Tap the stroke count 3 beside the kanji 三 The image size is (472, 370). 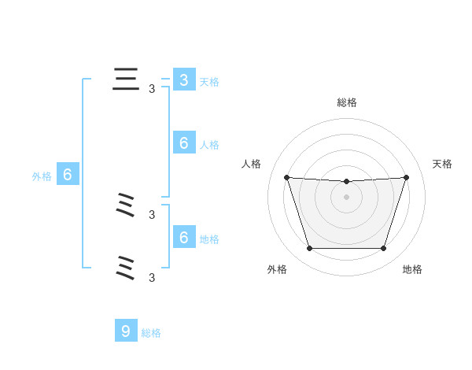pyautogui.click(x=152, y=89)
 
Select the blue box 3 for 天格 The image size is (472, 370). pyautogui.click(x=183, y=80)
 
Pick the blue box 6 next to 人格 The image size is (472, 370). pyautogui.click(x=183, y=142)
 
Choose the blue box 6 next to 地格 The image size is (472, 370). pyautogui.click(x=183, y=237)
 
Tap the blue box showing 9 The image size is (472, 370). pyautogui.click(x=125, y=331)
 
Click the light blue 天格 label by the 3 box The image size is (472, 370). pyautogui.click(x=209, y=81)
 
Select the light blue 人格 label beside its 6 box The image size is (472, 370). pyautogui.click(x=209, y=145)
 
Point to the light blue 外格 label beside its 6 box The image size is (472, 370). pyautogui.click(x=42, y=176)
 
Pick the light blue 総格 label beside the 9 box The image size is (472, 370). pyautogui.click(x=151, y=333)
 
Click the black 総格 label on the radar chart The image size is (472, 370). pyautogui.click(x=347, y=102)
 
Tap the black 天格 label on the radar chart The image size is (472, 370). pyautogui.click(x=443, y=164)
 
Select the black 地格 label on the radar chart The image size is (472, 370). pyautogui.click(x=412, y=269)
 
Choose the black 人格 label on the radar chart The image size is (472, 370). pyautogui.click(x=252, y=164)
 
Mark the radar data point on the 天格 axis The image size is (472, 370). pyautogui.click(x=407, y=177)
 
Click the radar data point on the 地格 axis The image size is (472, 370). pyautogui.click(x=384, y=249)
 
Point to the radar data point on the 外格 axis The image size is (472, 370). pyautogui.click(x=309, y=249)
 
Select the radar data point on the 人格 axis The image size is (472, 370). pyautogui.click(x=286, y=177)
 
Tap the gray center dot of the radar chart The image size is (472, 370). pyautogui.click(x=347, y=197)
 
